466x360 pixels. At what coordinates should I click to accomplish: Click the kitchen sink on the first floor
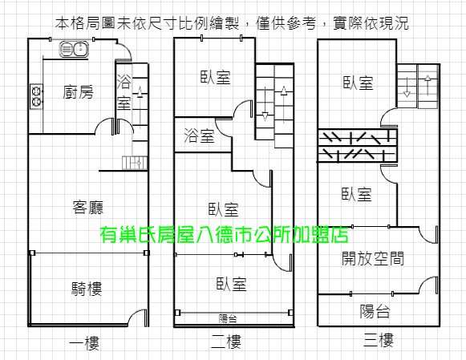(74, 49)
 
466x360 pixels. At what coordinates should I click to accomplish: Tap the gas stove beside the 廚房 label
(36, 96)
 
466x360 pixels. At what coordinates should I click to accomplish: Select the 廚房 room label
(79, 91)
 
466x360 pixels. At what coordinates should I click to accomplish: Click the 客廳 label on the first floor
(88, 207)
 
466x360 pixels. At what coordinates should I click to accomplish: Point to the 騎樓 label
(87, 289)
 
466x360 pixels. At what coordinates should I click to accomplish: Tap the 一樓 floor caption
(84, 343)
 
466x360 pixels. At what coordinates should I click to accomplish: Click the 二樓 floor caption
(226, 342)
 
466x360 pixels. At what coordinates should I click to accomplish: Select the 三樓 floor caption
(379, 340)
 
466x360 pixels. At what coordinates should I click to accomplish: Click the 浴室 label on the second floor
(199, 136)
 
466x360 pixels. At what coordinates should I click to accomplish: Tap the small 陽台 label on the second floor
(228, 319)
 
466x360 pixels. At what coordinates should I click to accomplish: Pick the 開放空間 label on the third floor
(373, 258)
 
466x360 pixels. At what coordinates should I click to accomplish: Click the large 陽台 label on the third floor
(375, 311)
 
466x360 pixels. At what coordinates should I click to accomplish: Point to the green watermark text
(225, 235)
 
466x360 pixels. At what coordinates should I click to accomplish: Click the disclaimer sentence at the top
(232, 23)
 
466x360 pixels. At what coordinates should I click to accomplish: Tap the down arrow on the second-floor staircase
(265, 103)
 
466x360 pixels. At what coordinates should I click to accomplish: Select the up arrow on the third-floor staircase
(428, 85)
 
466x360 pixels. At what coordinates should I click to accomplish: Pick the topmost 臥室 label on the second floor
(215, 77)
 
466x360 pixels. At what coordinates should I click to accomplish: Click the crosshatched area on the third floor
(358, 146)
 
